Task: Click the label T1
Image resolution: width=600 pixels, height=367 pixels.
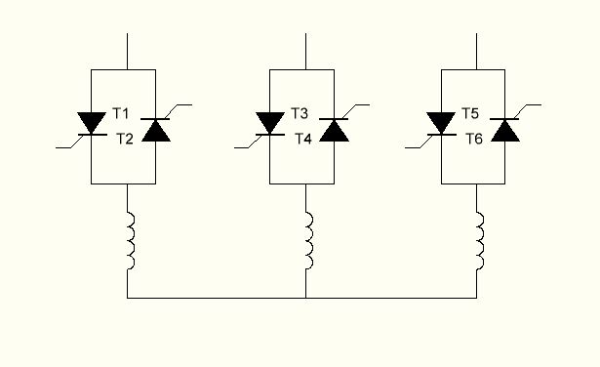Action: (x=121, y=113)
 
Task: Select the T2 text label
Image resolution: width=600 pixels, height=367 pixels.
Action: (x=125, y=139)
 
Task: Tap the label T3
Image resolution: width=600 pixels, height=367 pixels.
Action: (x=300, y=113)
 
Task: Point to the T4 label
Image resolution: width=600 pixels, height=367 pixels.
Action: (x=303, y=139)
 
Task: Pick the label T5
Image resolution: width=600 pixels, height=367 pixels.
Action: (x=470, y=113)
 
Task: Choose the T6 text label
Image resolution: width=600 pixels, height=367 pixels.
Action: (x=474, y=139)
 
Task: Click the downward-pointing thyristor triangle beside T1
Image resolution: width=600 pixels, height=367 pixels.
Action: (x=92, y=122)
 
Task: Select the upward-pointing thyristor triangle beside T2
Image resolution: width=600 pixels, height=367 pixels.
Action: (x=156, y=131)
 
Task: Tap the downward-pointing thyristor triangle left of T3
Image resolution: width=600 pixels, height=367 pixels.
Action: (x=270, y=122)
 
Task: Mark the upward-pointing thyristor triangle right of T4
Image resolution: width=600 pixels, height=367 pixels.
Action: (x=334, y=131)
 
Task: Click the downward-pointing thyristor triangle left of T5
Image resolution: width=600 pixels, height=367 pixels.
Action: (x=441, y=122)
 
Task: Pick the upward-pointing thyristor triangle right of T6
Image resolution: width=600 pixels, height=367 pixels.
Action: (x=505, y=131)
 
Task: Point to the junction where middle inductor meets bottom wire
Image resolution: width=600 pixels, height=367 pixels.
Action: (x=305, y=298)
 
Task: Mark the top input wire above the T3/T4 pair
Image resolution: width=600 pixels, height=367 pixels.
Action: (x=305, y=52)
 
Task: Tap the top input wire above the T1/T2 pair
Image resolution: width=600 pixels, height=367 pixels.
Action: (x=128, y=52)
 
